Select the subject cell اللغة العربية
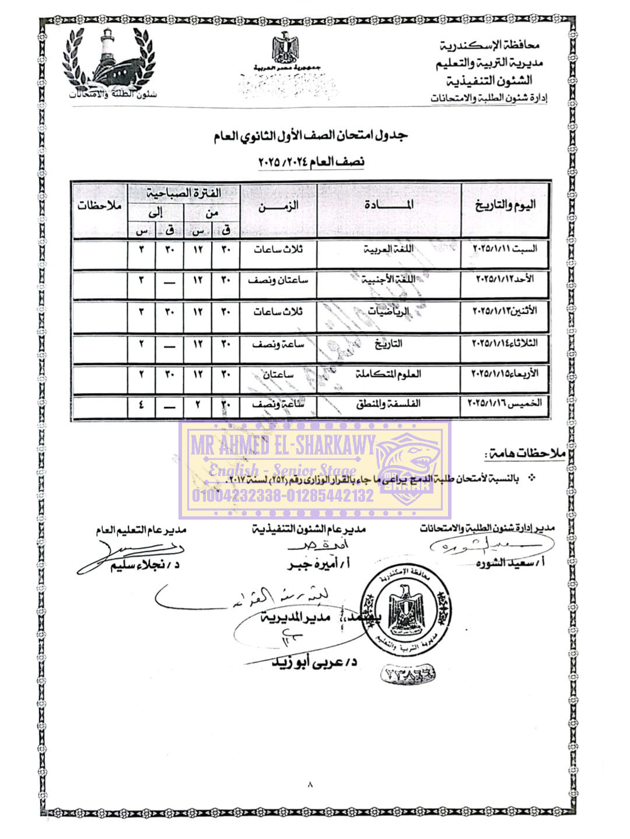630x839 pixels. (x=388, y=249)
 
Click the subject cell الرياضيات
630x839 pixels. (x=388, y=312)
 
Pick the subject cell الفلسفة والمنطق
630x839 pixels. (x=388, y=404)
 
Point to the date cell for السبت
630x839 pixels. (x=505, y=249)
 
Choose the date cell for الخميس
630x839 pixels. (x=505, y=403)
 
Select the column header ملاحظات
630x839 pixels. (x=99, y=206)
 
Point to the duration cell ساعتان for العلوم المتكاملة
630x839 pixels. (x=278, y=374)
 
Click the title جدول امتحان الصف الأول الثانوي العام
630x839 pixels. (x=311, y=136)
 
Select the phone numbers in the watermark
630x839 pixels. (x=283, y=497)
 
